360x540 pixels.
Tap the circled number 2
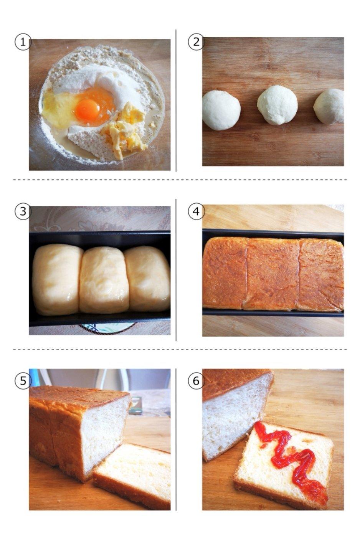point(196,42)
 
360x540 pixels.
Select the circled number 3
point(23,211)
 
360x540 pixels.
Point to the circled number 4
point(196,211)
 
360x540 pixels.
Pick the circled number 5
point(23,381)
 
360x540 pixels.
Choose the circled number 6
point(196,381)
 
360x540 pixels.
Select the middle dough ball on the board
point(277,105)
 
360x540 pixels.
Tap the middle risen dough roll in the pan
point(104,280)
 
